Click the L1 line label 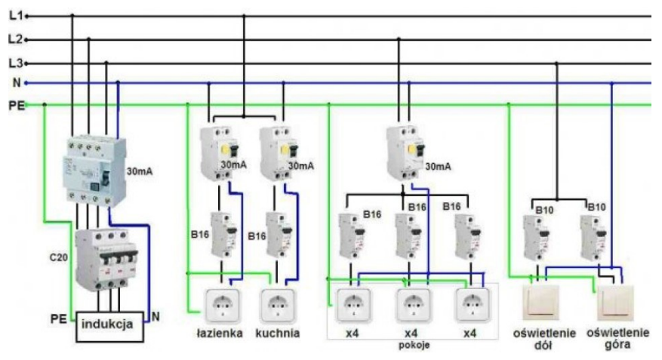tap(14, 14)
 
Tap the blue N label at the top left tap(15, 83)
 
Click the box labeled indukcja tap(110, 325)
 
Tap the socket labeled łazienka tap(223, 306)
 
